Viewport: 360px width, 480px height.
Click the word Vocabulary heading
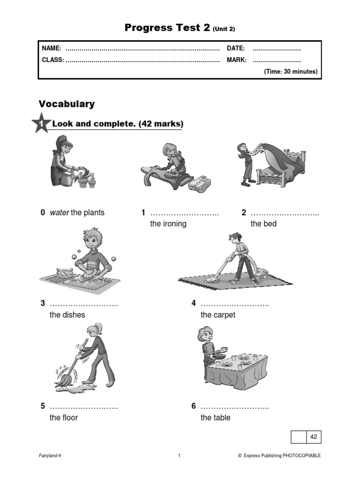coord(67,104)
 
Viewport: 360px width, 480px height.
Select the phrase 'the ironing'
coord(168,224)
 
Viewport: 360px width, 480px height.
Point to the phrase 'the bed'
coord(263,224)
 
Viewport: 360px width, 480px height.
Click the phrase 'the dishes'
coord(67,315)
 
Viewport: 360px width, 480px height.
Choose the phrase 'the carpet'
coord(217,315)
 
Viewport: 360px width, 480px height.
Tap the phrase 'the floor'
coord(63,417)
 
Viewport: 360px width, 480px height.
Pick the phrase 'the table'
coord(215,417)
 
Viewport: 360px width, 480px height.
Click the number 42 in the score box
coord(314,437)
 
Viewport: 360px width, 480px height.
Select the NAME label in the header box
coord(52,48)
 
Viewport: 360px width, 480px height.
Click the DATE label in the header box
coord(236,48)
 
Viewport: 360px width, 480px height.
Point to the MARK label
coord(236,60)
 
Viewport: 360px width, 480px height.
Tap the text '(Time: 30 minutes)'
coord(291,72)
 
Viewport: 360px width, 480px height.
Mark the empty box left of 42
coord(299,437)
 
